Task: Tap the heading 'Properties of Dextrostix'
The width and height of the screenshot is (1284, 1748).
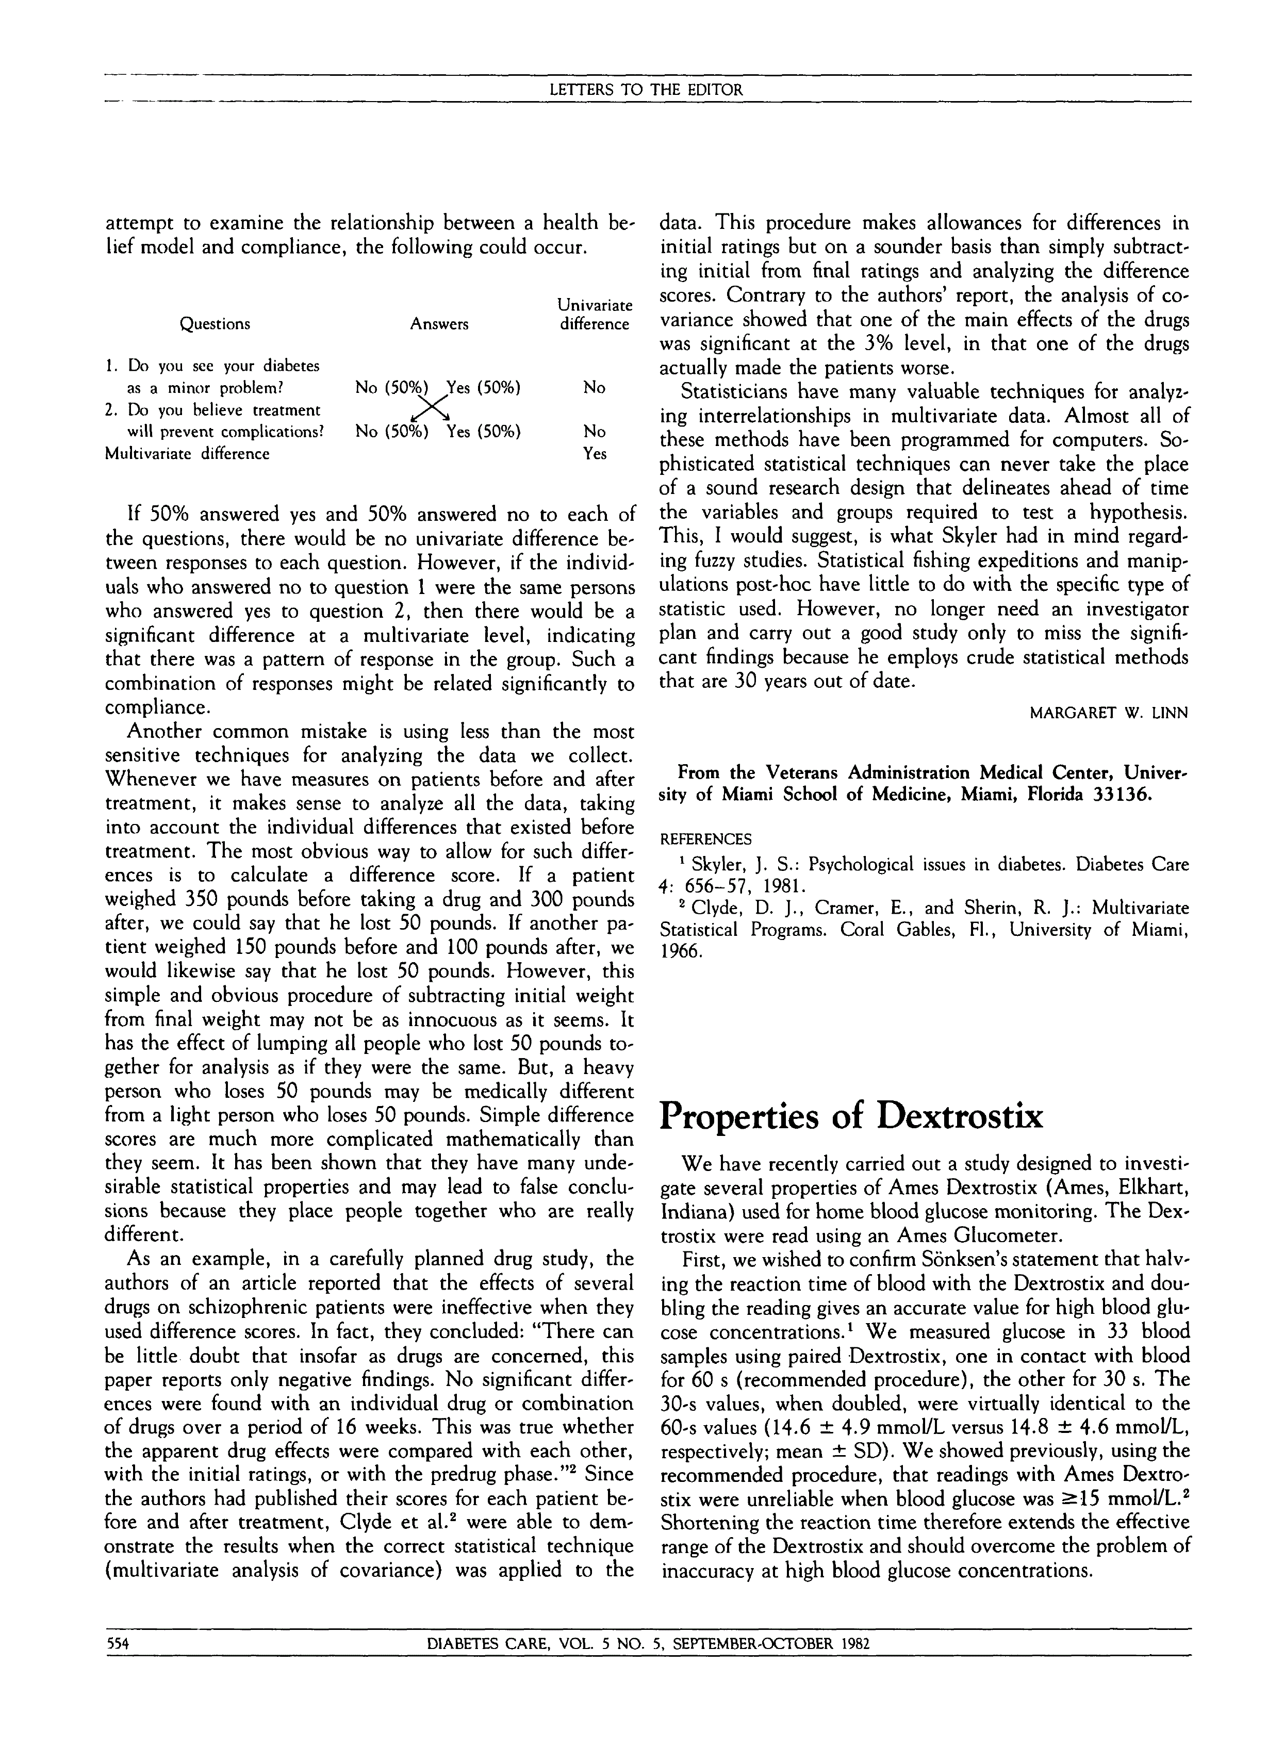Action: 851,1117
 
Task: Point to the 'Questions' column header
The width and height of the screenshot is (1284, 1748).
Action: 216,324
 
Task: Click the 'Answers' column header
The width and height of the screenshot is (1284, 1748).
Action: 439,324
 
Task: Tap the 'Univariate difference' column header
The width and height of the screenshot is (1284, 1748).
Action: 595,315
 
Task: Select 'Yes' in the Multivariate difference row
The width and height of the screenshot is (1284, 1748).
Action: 595,454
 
